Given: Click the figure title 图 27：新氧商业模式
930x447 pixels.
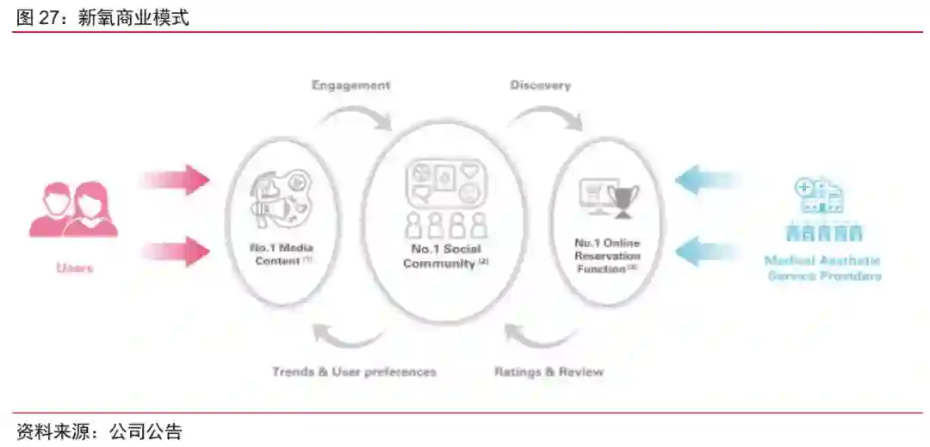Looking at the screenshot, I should pos(102,18).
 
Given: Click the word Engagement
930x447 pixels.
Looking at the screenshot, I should pos(350,85).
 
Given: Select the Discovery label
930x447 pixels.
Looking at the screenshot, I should pos(540,85).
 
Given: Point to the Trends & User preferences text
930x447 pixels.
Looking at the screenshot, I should pos(354,372).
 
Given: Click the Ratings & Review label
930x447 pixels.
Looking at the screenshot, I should pos(549,372).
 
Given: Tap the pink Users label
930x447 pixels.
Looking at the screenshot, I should pos(74,268).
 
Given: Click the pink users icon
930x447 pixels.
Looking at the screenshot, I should pos(74,208).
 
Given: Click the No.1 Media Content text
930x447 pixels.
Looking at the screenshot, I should pos(282,254).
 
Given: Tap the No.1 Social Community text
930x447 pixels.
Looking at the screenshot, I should pos(445,256).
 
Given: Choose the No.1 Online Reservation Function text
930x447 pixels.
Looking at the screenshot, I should pos(607,255).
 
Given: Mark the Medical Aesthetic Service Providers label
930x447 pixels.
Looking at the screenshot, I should pos(822,268).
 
